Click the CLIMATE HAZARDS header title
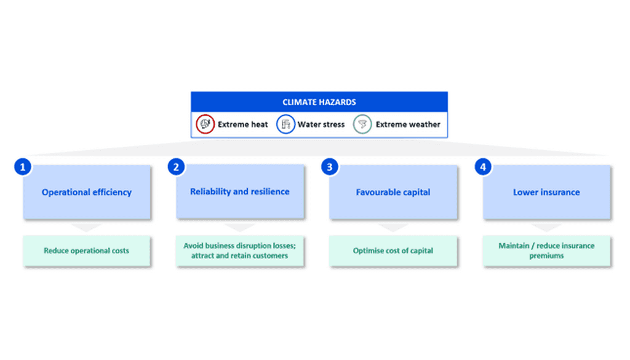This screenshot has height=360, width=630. [319, 102]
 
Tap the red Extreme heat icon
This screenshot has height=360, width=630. [205, 124]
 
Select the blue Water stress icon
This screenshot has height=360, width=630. [285, 124]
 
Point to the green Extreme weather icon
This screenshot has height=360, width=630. [362, 124]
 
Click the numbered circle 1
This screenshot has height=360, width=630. [23, 167]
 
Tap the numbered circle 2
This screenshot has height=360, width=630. [176, 167]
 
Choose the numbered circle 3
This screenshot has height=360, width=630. [330, 167]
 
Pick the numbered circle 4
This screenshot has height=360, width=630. [483, 167]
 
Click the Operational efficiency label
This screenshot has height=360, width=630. [87, 192]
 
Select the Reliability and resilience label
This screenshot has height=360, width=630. [240, 191]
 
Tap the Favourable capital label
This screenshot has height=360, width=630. [393, 192]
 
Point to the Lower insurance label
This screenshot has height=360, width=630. [546, 192]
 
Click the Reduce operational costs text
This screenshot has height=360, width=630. [86, 250]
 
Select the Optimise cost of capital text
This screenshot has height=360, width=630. [393, 250]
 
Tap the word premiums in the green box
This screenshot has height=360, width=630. [546, 256]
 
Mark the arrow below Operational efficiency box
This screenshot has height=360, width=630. [86, 228]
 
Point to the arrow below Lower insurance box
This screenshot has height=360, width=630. [546, 228]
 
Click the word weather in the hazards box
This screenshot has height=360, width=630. [425, 124]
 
